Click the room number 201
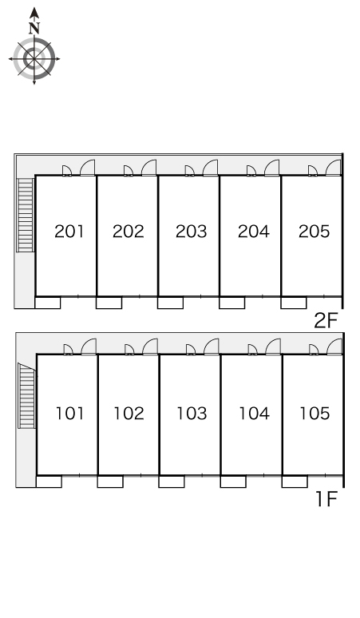(69, 232)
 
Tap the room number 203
(191, 232)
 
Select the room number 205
(314, 232)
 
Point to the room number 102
(129, 414)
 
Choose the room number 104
(255, 414)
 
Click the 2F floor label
(326, 321)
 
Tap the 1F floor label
(326, 499)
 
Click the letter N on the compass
(34, 28)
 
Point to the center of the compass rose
(34, 59)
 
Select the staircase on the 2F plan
(26, 215)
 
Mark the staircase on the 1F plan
(27, 396)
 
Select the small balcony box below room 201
(48, 303)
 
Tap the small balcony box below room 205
(294, 303)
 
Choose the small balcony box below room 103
(172, 481)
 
